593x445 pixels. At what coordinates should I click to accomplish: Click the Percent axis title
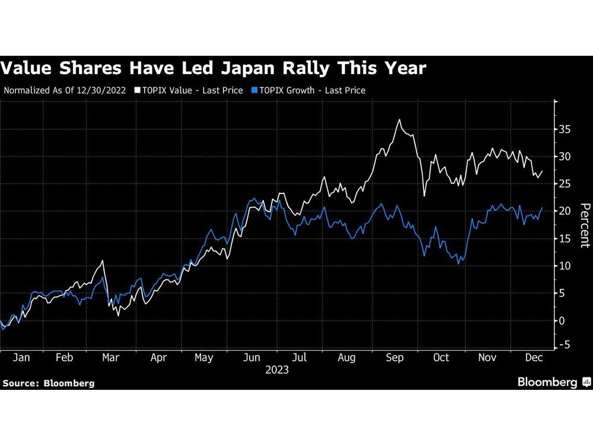tap(585, 225)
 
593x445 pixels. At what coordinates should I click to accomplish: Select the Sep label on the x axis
tap(395, 358)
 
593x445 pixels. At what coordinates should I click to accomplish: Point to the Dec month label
tap(531, 358)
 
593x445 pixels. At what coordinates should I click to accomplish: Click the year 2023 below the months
tap(277, 370)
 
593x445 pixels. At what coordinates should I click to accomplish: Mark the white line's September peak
tap(400, 120)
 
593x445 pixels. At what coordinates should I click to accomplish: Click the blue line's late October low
tap(458, 263)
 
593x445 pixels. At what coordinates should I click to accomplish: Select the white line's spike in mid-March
tap(104, 260)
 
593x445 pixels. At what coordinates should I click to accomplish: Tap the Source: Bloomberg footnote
tap(48, 383)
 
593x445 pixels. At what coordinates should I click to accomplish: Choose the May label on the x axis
tap(203, 358)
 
